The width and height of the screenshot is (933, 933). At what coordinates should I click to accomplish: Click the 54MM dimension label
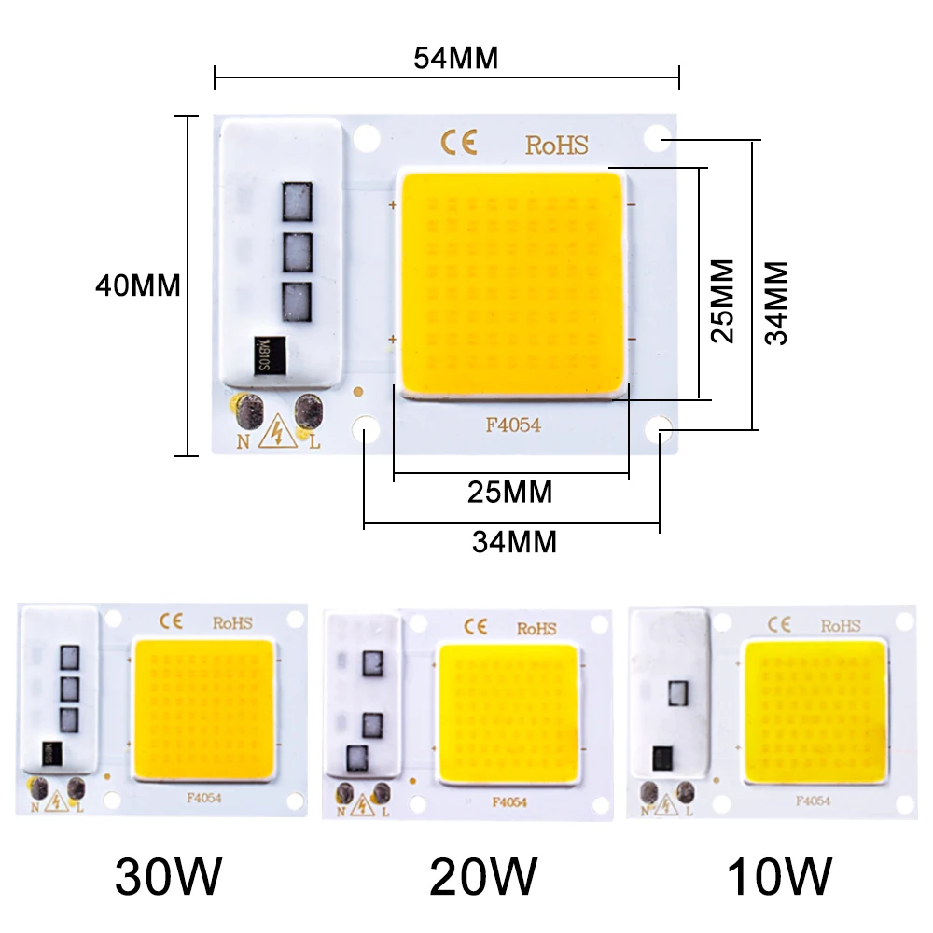pyautogui.click(x=456, y=58)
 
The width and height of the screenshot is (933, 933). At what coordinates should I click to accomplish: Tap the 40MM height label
pyautogui.click(x=137, y=285)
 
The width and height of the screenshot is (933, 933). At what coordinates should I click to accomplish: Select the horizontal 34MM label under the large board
pyautogui.click(x=514, y=541)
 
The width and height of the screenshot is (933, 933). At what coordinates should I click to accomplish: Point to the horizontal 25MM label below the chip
pyautogui.click(x=509, y=491)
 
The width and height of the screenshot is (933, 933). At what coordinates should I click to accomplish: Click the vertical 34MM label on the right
pyautogui.click(x=776, y=302)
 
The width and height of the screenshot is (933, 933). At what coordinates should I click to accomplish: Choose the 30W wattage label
pyautogui.click(x=169, y=876)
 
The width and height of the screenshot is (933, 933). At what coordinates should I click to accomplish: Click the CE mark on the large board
pyautogui.click(x=459, y=143)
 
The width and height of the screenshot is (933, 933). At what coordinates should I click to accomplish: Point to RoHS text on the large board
pyautogui.click(x=556, y=146)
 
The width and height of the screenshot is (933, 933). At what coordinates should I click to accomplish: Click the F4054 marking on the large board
pyautogui.click(x=512, y=425)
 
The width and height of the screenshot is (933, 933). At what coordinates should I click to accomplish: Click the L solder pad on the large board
pyautogui.click(x=308, y=411)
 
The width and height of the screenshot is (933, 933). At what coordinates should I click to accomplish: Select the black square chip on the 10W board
pyautogui.click(x=664, y=755)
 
